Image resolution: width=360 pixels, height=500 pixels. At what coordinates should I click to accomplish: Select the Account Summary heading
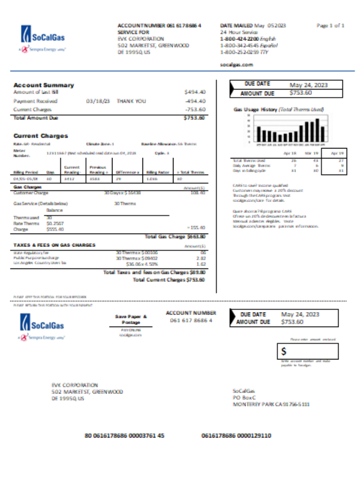(43, 85)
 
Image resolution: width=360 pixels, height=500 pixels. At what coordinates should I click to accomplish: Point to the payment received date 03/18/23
(98, 100)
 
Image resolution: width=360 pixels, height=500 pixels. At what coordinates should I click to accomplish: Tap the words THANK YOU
(131, 100)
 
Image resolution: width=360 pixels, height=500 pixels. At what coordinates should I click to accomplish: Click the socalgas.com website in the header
(236, 64)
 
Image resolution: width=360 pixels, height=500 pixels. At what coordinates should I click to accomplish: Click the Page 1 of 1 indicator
(330, 25)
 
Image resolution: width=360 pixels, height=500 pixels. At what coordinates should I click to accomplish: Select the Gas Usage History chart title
(278, 109)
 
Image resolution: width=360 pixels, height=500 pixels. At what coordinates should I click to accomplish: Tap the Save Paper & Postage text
(131, 319)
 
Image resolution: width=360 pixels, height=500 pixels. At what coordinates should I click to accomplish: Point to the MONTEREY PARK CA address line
(271, 404)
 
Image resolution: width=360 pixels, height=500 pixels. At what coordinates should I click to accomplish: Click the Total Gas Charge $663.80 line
(174, 236)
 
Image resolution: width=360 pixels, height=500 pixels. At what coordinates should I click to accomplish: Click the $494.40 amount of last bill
(194, 92)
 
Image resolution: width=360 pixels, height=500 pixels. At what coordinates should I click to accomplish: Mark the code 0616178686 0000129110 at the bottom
(236, 435)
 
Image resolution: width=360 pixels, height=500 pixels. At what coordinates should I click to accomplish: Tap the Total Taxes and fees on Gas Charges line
(153, 272)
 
